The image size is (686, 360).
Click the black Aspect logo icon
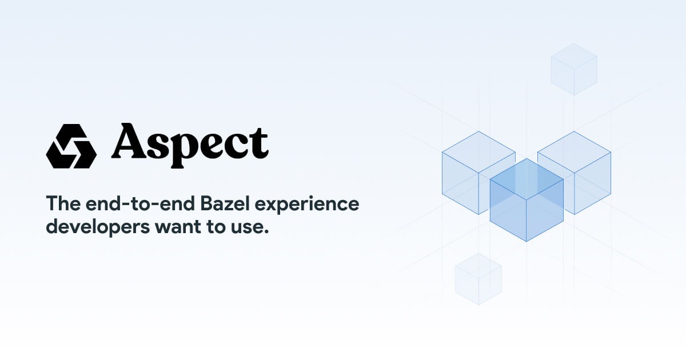71,146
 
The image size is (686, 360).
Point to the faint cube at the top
574,69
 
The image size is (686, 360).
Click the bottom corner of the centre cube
527,241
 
